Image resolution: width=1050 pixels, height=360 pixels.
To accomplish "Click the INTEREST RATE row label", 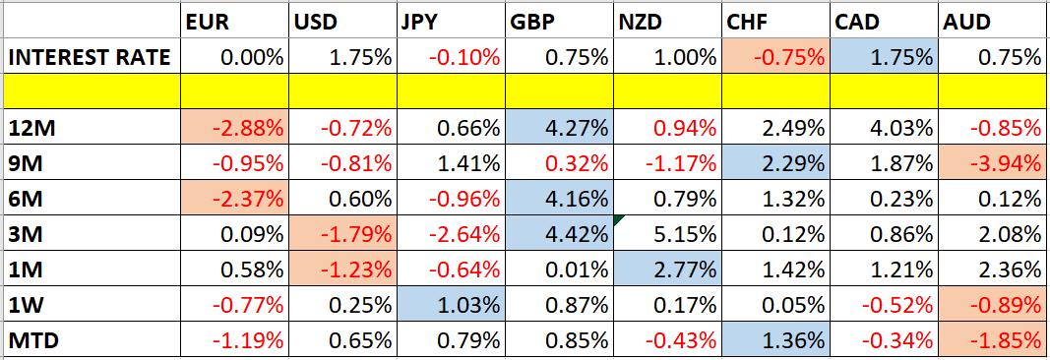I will coord(90,58).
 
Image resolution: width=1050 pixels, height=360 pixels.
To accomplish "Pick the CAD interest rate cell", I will coord(884,58).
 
